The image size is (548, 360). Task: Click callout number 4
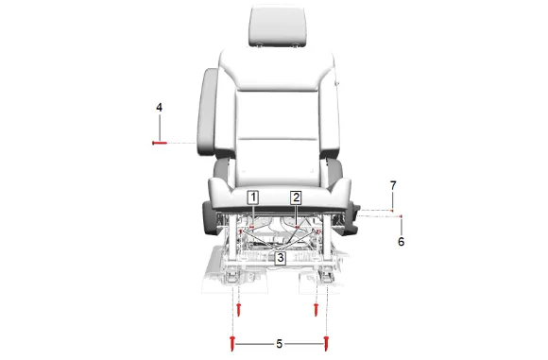pyautogui.click(x=159, y=108)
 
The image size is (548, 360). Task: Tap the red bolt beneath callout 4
pyautogui.click(x=160, y=143)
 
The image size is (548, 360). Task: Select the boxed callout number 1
pyautogui.click(x=253, y=197)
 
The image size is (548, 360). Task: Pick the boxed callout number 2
pyautogui.click(x=296, y=197)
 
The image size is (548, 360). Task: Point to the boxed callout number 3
pyautogui.click(x=281, y=258)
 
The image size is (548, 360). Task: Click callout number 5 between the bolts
pyautogui.click(x=279, y=344)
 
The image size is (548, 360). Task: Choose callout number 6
pyautogui.click(x=402, y=242)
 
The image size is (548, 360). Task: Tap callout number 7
pyautogui.click(x=393, y=185)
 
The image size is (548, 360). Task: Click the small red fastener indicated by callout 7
pyautogui.click(x=392, y=211)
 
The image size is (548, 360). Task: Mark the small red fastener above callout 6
pyautogui.click(x=401, y=216)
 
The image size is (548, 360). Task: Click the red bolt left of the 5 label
pyautogui.click(x=232, y=344)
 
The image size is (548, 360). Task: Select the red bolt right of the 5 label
pyautogui.click(x=326, y=344)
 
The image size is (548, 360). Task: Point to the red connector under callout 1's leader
pyautogui.click(x=251, y=227)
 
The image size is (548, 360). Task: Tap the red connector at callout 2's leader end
pyautogui.click(x=297, y=227)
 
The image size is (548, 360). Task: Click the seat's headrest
pyautogui.click(x=279, y=26)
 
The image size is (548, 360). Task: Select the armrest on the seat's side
pyautogui.click(x=207, y=111)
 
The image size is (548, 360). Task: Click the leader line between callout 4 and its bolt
pyautogui.click(x=160, y=127)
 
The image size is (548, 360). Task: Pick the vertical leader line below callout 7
pyautogui.click(x=392, y=200)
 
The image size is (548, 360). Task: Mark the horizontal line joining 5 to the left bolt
pyautogui.click(x=255, y=344)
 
